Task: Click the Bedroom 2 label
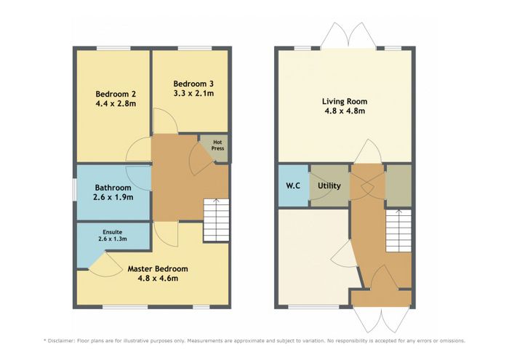point(116,94)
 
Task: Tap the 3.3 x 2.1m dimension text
point(193,94)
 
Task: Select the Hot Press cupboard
point(214,148)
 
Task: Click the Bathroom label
point(113,188)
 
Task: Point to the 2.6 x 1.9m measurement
point(113,197)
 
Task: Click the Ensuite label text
point(112,233)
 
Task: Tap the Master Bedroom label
point(158,269)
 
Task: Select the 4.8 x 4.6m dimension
point(158,279)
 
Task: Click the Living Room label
point(345,101)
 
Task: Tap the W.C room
point(294,185)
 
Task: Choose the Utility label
point(329,186)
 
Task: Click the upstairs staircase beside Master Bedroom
point(216,220)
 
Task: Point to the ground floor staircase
point(398,231)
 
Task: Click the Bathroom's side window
point(74,190)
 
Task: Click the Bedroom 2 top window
point(113,49)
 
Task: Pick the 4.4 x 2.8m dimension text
point(116,104)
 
